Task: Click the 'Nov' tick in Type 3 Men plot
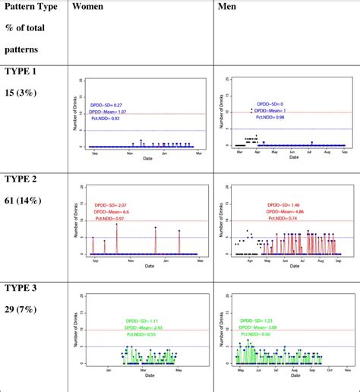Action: tap(347, 370)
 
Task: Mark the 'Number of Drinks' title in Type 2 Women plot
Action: tap(80, 222)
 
